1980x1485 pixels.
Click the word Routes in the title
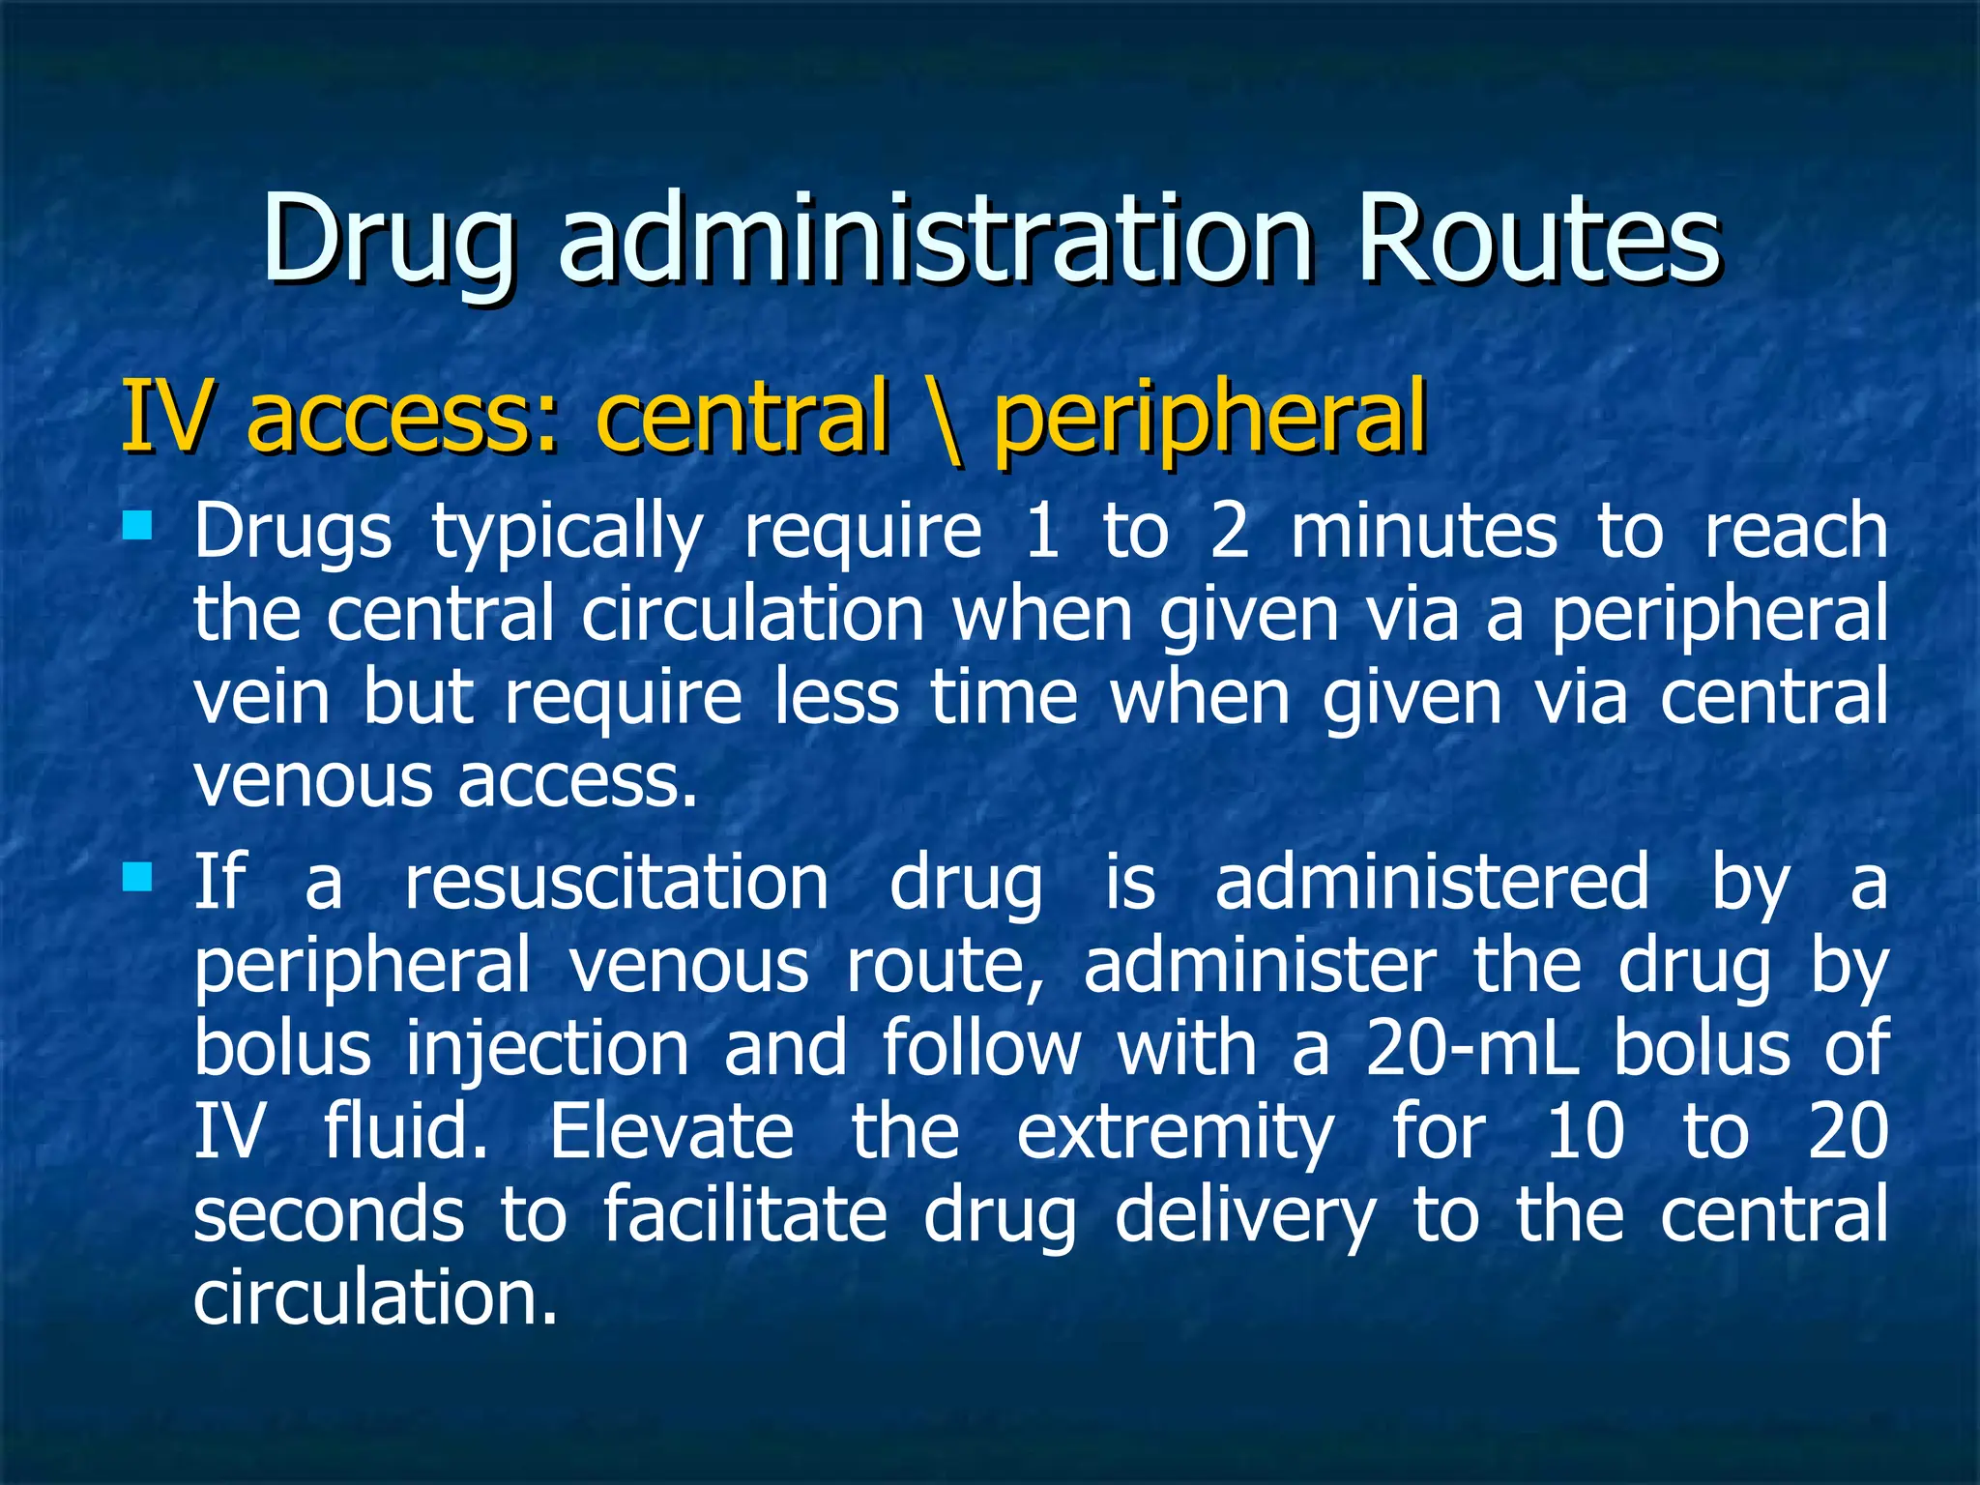pyautogui.click(x=1537, y=239)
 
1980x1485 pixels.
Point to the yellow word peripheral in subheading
pyautogui.click(x=1209, y=418)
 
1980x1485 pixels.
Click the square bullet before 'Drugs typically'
pyautogui.click(x=138, y=525)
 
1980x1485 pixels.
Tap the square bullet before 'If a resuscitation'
pyautogui.click(x=138, y=877)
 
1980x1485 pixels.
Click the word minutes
pyautogui.click(x=1424, y=532)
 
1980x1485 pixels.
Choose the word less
pyautogui.click(x=837, y=698)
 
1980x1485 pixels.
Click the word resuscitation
pyautogui.click(x=616, y=883)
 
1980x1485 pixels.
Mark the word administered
pyautogui.click(x=1432, y=883)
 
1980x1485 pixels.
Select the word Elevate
pyautogui.click(x=672, y=1132)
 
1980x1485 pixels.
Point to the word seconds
pyautogui.click(x=329, y=1215)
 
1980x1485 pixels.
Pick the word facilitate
pyautogui.click(x=744, y=1215)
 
